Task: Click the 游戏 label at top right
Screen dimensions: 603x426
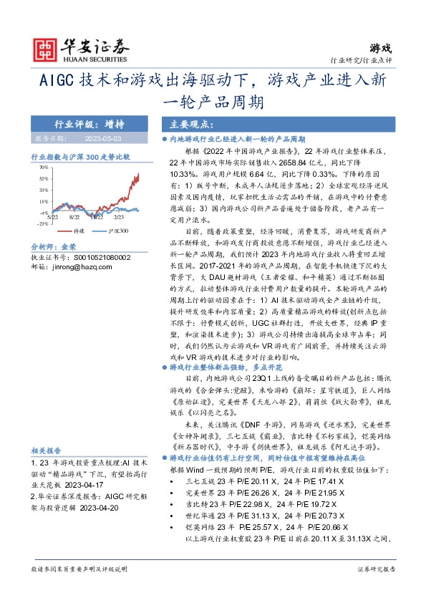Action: click(x=381, y=48)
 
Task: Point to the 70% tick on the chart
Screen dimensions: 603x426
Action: click(x=43, y=167)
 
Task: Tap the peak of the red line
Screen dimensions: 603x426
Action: click(x=138, y=172)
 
